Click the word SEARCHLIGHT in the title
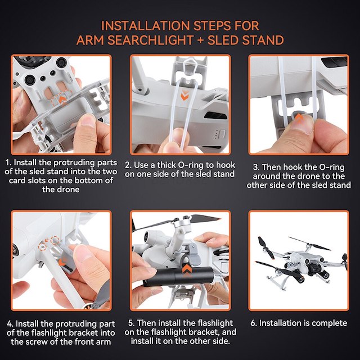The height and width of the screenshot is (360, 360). coord(150,40)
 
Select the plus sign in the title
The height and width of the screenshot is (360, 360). coord(200,40)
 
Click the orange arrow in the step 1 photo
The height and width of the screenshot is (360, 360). coord(62,100)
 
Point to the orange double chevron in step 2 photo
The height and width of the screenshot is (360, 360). coord(184,96)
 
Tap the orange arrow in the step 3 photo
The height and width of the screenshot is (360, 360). coord(299,118)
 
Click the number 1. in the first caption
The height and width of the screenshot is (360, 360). coord(8,163)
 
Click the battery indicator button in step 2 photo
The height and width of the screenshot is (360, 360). coord(222,134)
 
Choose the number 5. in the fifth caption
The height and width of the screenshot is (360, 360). coord(131,323)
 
